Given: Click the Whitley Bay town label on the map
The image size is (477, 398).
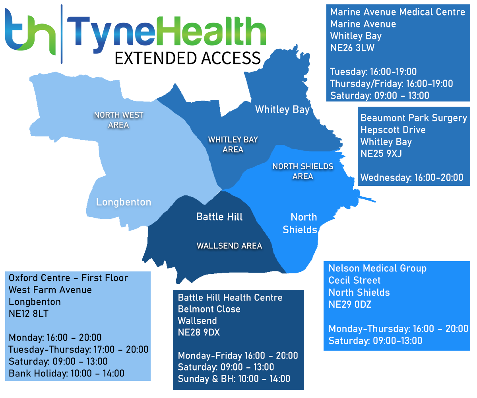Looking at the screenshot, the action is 282,109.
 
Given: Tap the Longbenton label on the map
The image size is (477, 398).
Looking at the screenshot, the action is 124,202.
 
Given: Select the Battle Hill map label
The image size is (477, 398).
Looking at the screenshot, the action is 219,217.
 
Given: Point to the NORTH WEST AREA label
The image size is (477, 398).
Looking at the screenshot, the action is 118,120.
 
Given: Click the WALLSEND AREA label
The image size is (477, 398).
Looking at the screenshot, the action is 229,246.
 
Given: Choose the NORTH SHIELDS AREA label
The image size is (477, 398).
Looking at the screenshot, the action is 303,171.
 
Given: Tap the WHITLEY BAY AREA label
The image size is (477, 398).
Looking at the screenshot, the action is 233,144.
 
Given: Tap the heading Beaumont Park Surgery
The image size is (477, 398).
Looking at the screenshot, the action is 413,118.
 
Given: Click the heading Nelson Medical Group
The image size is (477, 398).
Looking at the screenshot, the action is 377,269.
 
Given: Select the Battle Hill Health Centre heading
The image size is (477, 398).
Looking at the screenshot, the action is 230,298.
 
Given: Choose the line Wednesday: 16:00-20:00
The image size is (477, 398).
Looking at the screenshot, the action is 412,178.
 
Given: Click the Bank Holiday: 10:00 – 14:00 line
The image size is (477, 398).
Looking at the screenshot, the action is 66,374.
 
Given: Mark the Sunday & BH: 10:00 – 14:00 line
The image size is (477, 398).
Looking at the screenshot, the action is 234,379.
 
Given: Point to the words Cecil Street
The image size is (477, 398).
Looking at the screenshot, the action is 355,281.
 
